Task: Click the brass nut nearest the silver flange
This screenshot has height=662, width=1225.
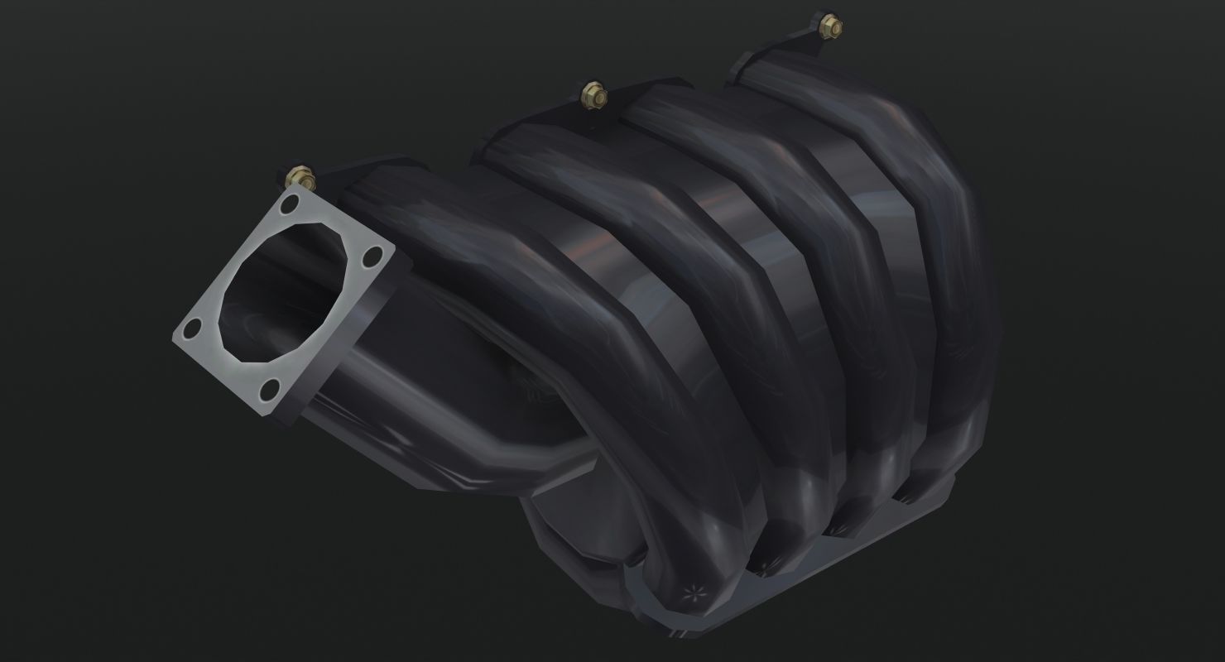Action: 299,176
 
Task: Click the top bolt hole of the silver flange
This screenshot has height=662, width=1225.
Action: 290,204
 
